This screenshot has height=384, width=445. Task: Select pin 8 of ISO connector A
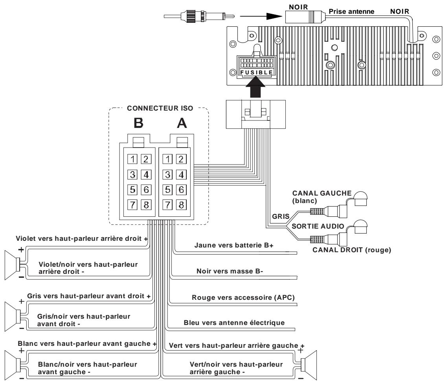click(181, 205)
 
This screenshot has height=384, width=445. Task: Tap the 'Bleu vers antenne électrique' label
click(234, 323)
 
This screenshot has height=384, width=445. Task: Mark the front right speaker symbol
click(13, 314)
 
